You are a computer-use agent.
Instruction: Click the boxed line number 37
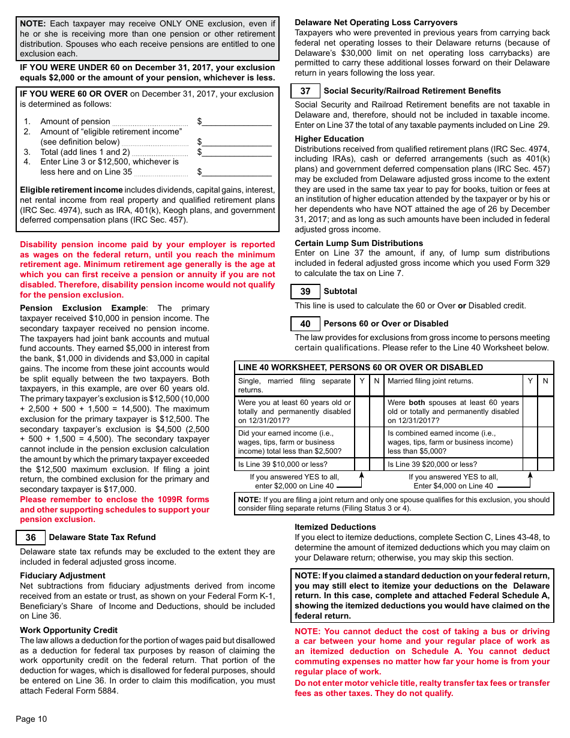305,91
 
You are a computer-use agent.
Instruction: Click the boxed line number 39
305,292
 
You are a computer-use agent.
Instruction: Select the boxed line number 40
305,324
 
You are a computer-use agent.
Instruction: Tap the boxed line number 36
31,538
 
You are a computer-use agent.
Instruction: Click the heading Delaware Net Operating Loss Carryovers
376,23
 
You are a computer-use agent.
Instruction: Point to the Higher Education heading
329,139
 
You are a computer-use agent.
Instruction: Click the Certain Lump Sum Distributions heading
358,244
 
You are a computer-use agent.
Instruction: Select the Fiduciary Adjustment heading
62,576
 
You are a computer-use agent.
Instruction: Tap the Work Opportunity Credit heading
68,631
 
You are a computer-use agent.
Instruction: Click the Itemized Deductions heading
335,527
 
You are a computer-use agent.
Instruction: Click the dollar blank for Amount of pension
236,122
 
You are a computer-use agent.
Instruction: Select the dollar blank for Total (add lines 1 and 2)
236,152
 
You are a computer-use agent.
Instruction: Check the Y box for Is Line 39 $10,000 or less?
362,464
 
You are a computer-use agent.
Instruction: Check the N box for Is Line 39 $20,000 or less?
545,464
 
